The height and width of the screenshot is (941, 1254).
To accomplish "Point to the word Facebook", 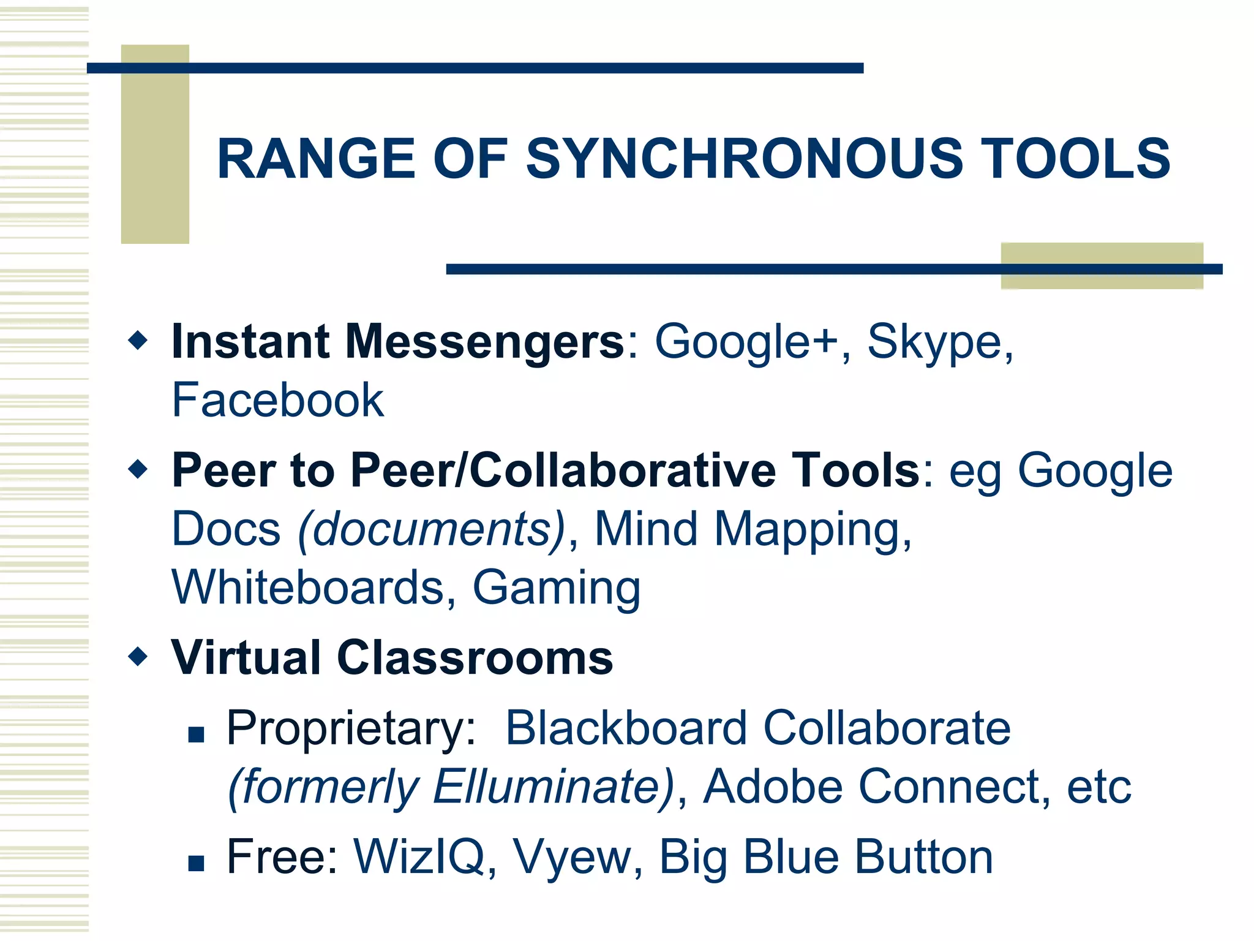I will click(x=278, y=400).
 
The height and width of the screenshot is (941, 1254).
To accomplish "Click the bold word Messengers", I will click(x=485, y=342).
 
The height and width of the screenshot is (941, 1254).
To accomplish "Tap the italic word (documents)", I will click(x=432, y=529).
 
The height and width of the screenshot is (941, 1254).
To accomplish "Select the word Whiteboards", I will click(x=307, y=587).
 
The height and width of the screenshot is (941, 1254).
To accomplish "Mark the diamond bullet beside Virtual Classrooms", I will click(x=138, y=657).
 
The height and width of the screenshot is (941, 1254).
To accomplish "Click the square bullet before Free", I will click(x=196, y=863).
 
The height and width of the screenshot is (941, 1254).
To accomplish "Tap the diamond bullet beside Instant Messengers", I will click(x=138, y=340).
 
